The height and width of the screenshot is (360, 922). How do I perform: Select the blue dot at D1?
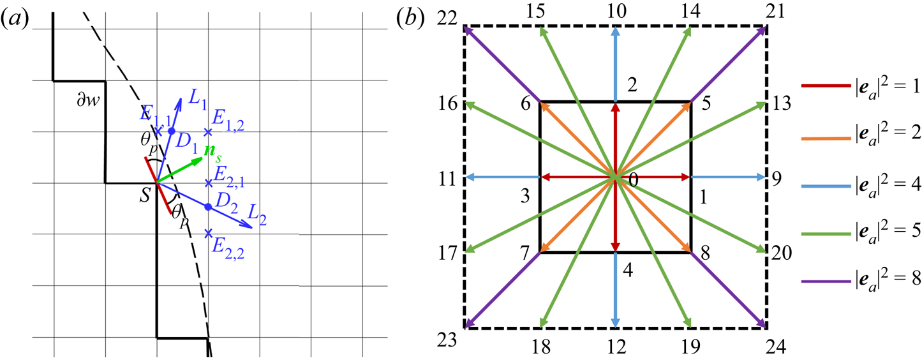point(171,131)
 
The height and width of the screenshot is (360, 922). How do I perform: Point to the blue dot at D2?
point(207,207)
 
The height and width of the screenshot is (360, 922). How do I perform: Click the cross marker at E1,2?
point(207,132)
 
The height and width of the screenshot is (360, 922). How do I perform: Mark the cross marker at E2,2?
point(207,234)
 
